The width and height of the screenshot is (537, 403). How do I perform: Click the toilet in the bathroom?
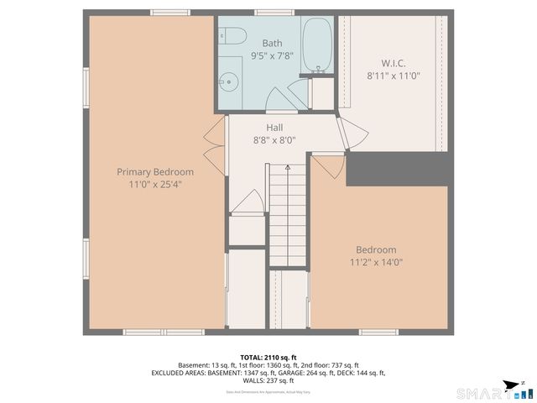point(232,36)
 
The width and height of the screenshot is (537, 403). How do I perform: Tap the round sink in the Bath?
point(226,82)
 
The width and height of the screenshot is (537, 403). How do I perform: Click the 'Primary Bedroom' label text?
point(149,172)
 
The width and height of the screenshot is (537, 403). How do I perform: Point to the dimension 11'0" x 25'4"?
point(149,184)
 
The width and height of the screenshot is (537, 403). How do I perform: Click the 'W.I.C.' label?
point(394,63)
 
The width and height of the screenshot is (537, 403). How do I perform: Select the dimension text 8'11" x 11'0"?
point(394,76)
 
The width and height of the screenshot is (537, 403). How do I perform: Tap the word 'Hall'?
point(274,128)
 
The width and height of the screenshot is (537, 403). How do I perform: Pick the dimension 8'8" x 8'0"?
point(274,140)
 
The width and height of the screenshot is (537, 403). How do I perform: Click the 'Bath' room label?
point(272,43)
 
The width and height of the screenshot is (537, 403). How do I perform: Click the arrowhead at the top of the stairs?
point(287,168)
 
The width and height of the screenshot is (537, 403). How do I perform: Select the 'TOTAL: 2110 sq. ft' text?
point(268,357)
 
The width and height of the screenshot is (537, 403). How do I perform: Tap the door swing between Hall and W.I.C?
point(351,133)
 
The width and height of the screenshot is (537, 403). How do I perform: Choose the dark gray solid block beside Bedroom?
point(399,168)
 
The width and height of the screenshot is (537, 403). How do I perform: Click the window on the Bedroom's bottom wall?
point(378,332)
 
